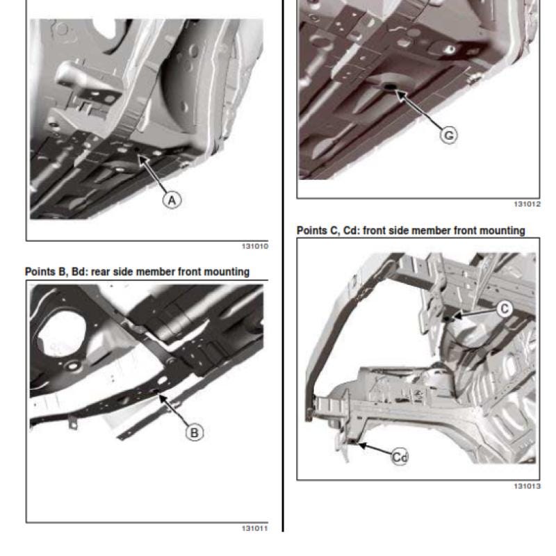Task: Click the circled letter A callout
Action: pyautogui.click(x=172, y=200)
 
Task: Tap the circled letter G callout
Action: pyautogui.click(x=448, y=135)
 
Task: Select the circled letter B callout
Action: pyautogui.click(x=195, y=432)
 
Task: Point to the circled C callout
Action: pyautogui.click(x=504, y=309)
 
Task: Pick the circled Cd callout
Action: pyautogui.click(x=400, y=457)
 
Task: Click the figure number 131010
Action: pyautogui.click(x=255, y=246)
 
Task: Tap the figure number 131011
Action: pyautogui.click(x=255, y=528)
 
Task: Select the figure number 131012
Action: pyautogui.click(x=528, y=204)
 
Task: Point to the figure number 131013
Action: pyautogui.click(x=528, y=486)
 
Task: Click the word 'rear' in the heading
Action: pyautogui.click(x=100, y=272)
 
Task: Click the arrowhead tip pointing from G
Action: pyautogui.click(x=395, y=91)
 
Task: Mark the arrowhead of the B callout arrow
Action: pyautogui.click(x=159, y=395)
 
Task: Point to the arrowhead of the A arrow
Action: pyautogui.click(x=138, y=156)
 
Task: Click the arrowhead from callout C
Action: pyautogui.click(x=454, y=316)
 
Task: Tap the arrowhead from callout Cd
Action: pyautogui.click(x=359, y=443)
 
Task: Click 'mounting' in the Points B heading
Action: pyautogui.click(x=227, y=272)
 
